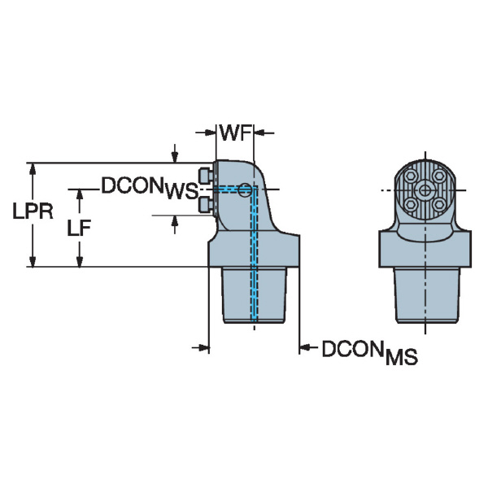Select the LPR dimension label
tap(33, 212)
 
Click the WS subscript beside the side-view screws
tap(181, 192)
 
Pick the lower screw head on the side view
tap(207, 204)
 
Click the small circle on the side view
tap(244, 190)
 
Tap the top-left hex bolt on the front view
tap(411, 176)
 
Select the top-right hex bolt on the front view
tap(439, 176)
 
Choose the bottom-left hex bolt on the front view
tap(411, 204)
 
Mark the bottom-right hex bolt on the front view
tap(439, 204)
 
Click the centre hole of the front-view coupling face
tap(425, 190)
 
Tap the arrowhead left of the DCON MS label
tap(305, 349)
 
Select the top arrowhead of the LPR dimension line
tap(33, 168)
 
